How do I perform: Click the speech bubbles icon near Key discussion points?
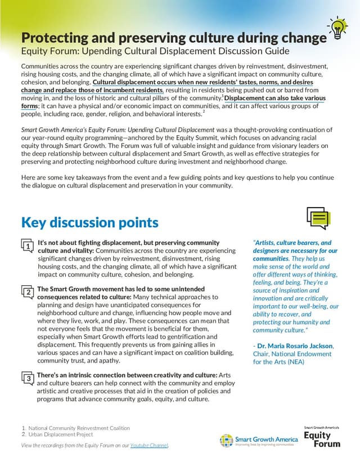click(x=318, y=218)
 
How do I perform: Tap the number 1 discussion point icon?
click(x=27, y=246)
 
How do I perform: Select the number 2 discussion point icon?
click(x=27, y=292)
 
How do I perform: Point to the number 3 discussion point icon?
click(x=27, y=378)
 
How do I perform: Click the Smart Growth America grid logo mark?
click(x=227, y=440)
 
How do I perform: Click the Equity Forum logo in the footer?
click(x=322, y=437)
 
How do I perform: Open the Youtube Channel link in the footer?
click(x=149, y=446)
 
